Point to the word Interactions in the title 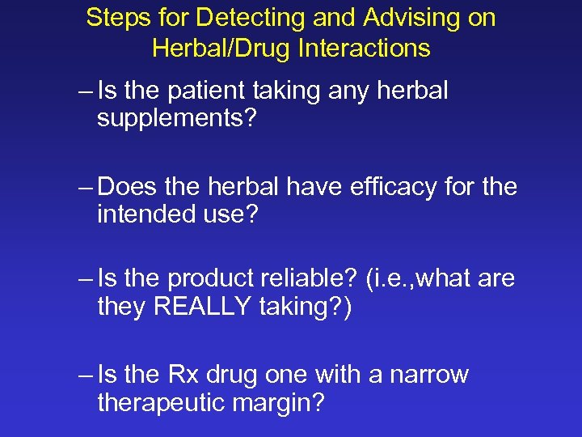(x=365, y=49)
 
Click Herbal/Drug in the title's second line (x=221, y=49)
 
